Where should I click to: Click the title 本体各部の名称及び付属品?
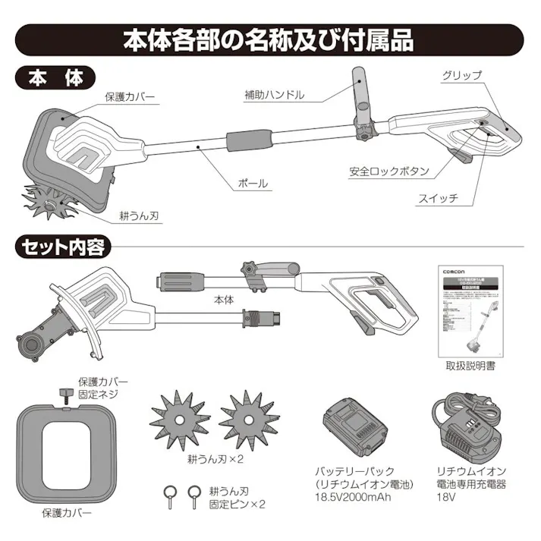pyautogui.click(x=269, y=40)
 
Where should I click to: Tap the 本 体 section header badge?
pyautogui.click(x=55, y=79)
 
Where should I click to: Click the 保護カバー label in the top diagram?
pyautogui.click(x=130, y=99)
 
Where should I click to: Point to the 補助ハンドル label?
pyautogui.click(x=274, y=95)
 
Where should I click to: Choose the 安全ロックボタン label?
pyautogui.click(x=389, y=171)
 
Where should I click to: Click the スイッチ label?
pyautogui.click(x=438, y=198)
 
